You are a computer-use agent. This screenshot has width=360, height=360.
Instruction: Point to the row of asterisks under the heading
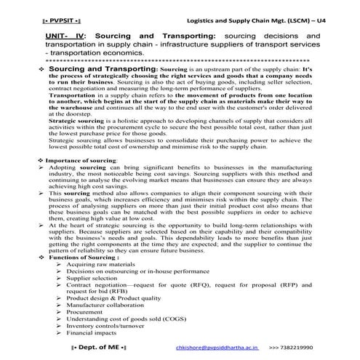pyautogui.click(x=177, y=60)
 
